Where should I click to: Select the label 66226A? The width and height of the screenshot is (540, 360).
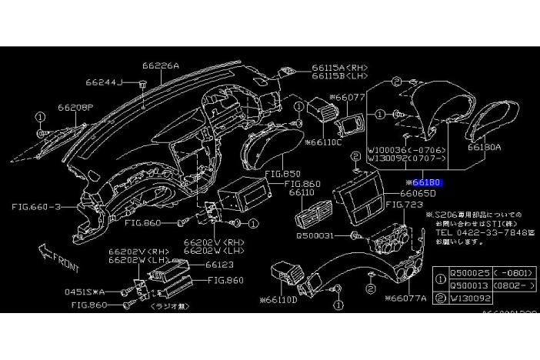click(160, 65)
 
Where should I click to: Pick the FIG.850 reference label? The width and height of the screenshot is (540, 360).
click(281, 174)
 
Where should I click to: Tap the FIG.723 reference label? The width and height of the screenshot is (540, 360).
click(405, 205)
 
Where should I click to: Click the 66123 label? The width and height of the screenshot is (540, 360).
click(219, 264)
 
